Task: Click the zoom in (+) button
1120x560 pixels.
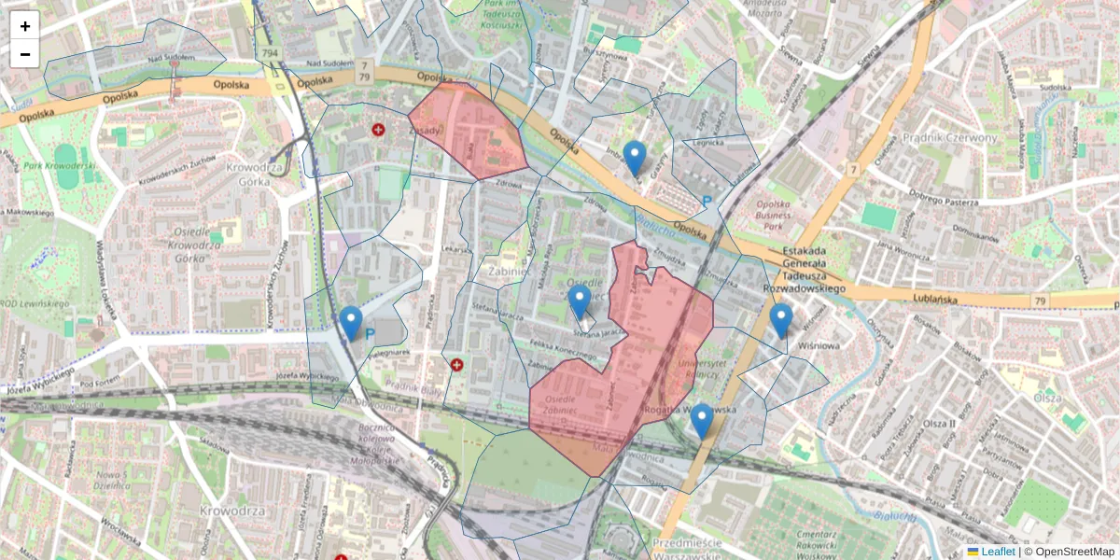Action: (25, 25)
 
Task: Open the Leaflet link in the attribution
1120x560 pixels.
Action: (997, 552)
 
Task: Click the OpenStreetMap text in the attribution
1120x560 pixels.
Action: (1073, 552)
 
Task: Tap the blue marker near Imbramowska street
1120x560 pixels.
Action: (635, 157)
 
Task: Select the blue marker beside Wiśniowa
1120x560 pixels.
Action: (781, 320)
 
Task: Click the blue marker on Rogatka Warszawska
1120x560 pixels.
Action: (702, 421)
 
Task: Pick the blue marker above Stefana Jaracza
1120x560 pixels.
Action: (580, 301)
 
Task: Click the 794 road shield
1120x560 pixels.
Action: (270, 53)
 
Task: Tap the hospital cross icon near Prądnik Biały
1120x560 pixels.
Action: (456, 365)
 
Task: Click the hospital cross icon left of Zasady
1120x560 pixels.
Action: (378, 130)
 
